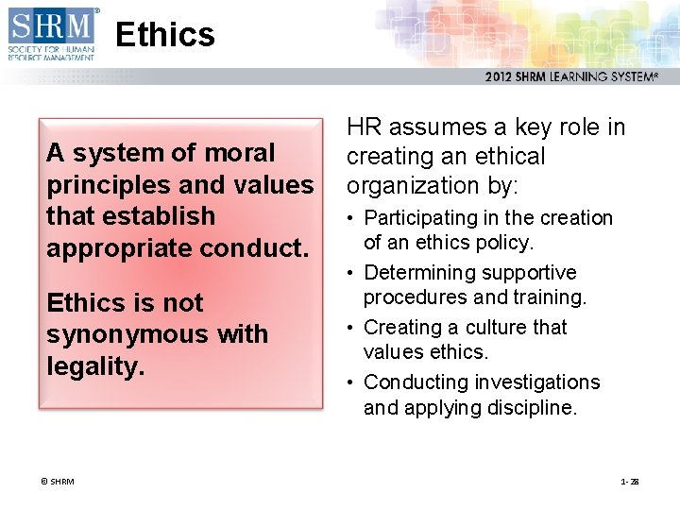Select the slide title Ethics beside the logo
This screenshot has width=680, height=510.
165,35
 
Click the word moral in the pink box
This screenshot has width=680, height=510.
238,153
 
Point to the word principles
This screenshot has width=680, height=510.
100,184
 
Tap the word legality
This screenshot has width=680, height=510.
95,365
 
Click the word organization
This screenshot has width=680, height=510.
416,186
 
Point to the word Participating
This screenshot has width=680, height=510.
422,218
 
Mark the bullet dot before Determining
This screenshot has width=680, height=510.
351,273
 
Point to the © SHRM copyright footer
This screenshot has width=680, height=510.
58,482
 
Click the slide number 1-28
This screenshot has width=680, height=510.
629,482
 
